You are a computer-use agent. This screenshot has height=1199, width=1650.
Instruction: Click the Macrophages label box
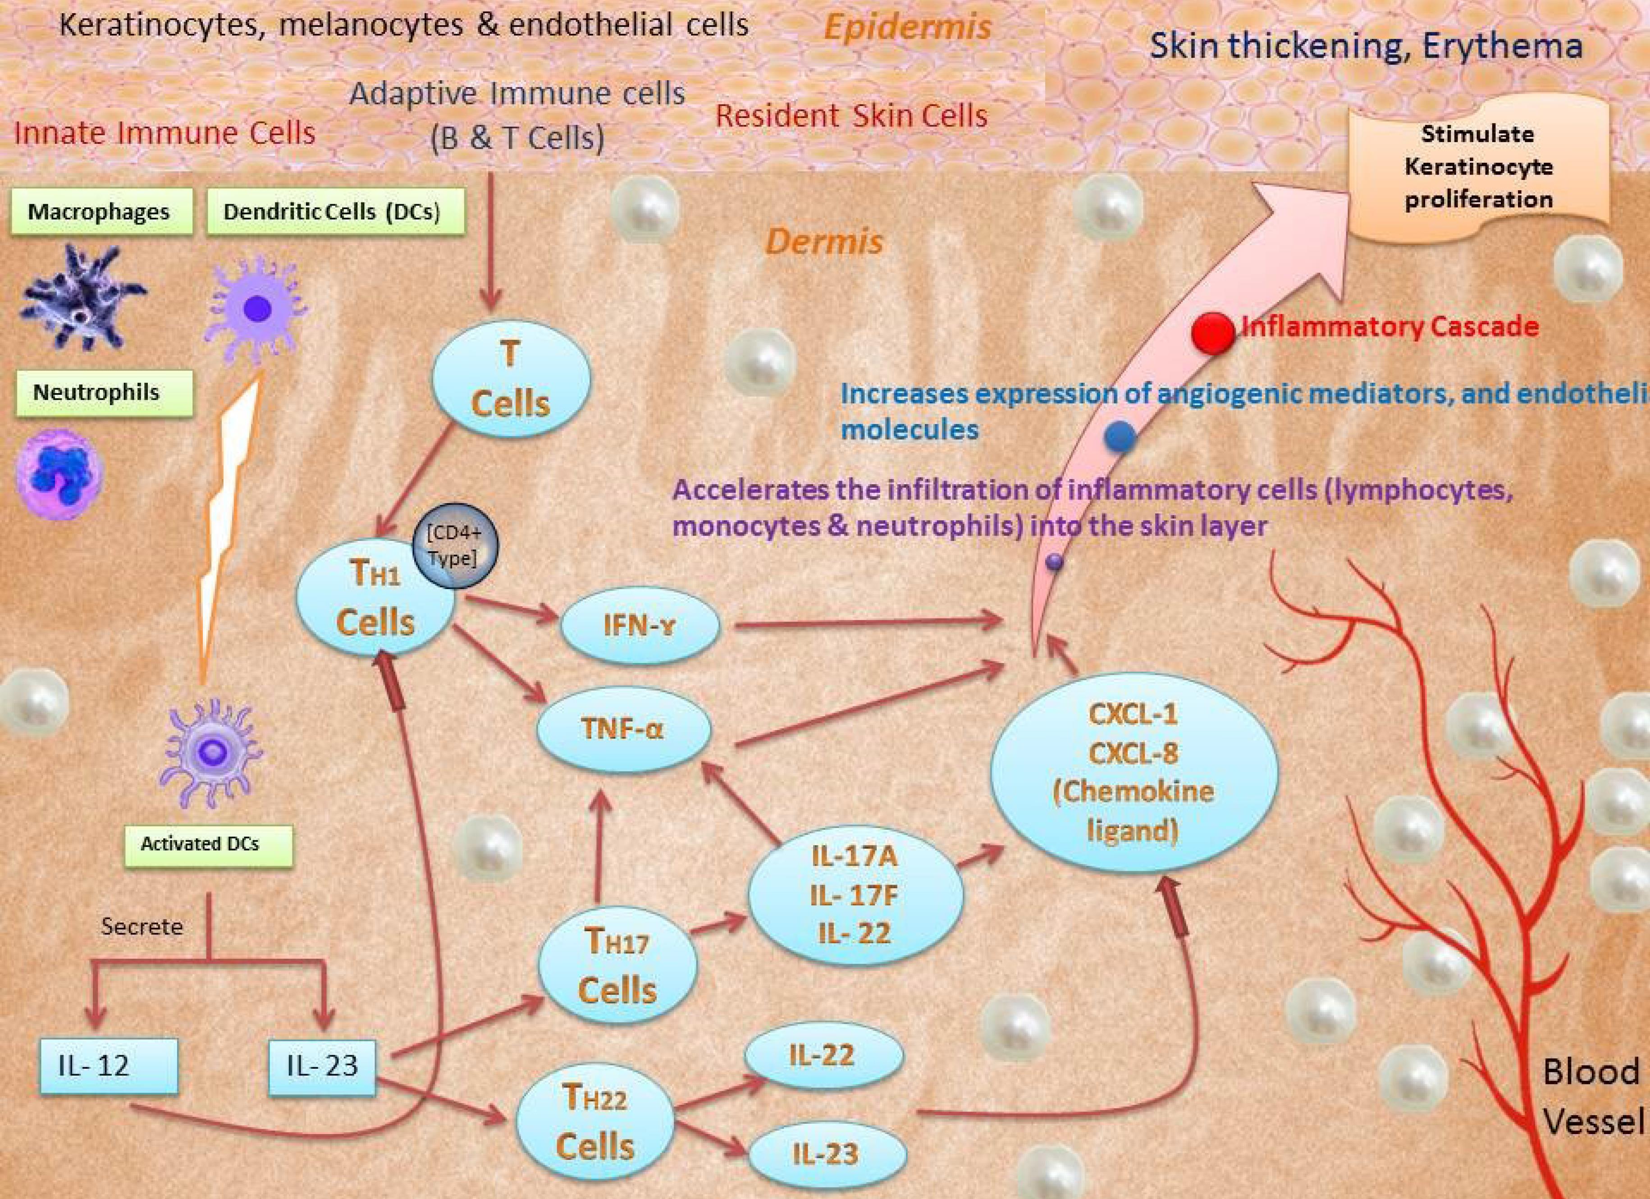point(101,212)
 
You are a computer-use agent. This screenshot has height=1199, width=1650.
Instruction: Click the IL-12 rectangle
point(108,1066)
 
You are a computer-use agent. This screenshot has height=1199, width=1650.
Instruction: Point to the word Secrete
point(142,926)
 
